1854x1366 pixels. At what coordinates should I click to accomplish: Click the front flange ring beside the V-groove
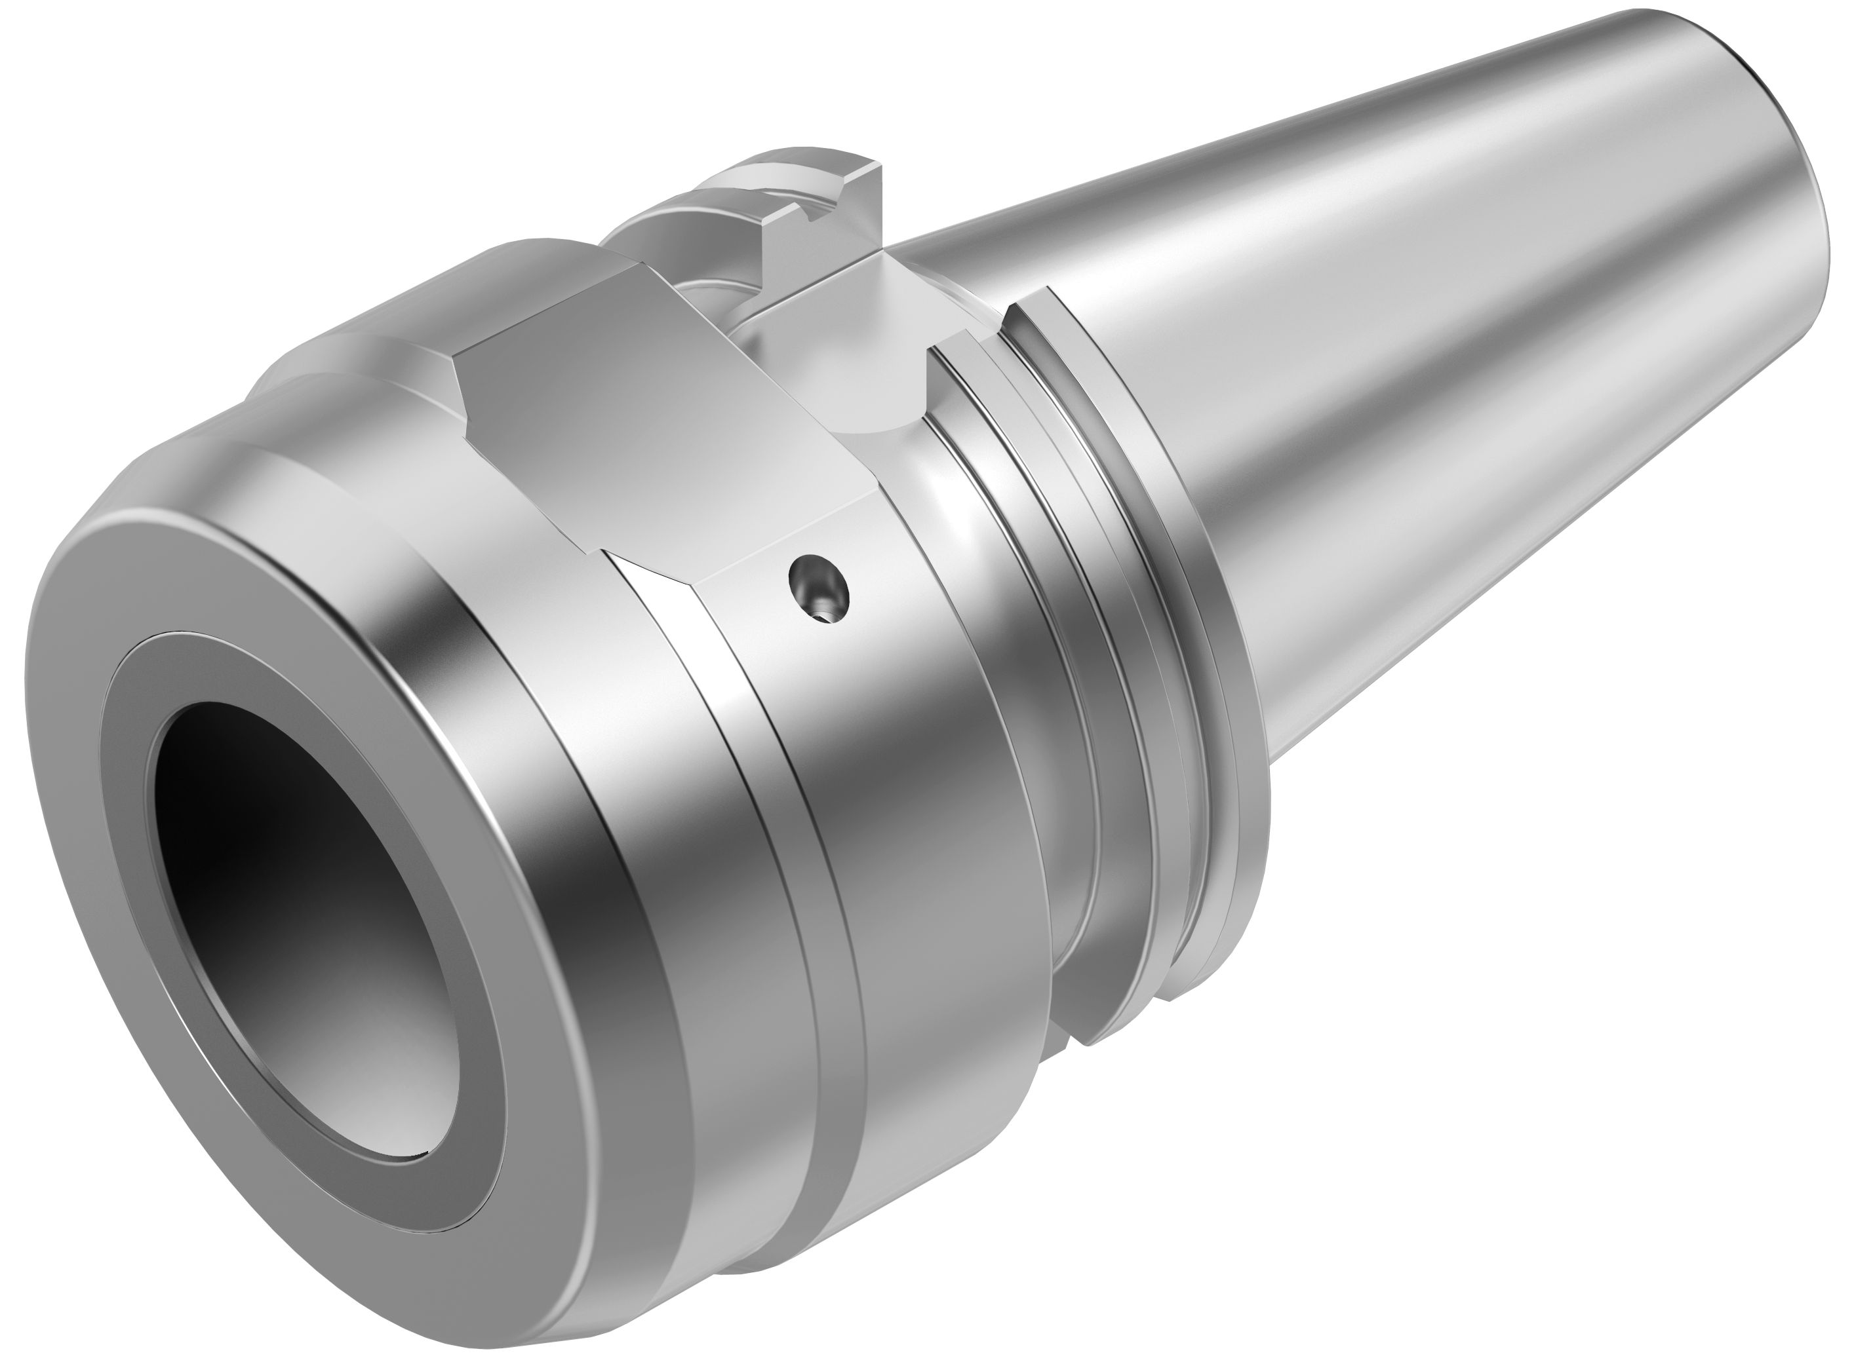coord(1076,662)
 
